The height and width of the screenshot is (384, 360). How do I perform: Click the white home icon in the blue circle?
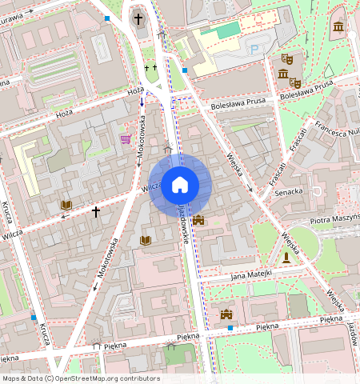(180, 186)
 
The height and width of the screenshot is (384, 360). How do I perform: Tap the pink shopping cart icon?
(126, 138)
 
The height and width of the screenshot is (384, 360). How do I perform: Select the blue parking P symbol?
(254, 50)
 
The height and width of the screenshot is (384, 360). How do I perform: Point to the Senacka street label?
(288, 192)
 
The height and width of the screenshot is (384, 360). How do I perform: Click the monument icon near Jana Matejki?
(286, 257)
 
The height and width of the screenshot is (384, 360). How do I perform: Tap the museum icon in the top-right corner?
(338, 27)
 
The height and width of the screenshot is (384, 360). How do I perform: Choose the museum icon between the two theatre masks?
(283, 74)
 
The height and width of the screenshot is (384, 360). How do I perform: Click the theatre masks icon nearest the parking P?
(286, 58)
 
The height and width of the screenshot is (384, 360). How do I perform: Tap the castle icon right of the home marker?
(198, 219)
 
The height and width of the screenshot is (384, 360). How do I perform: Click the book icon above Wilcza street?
(66, 206)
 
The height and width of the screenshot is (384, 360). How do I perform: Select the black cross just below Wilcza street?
(96, 212)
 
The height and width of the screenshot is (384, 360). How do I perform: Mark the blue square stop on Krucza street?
(34, 318)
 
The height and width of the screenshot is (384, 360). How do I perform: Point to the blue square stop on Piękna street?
(230, 328)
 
